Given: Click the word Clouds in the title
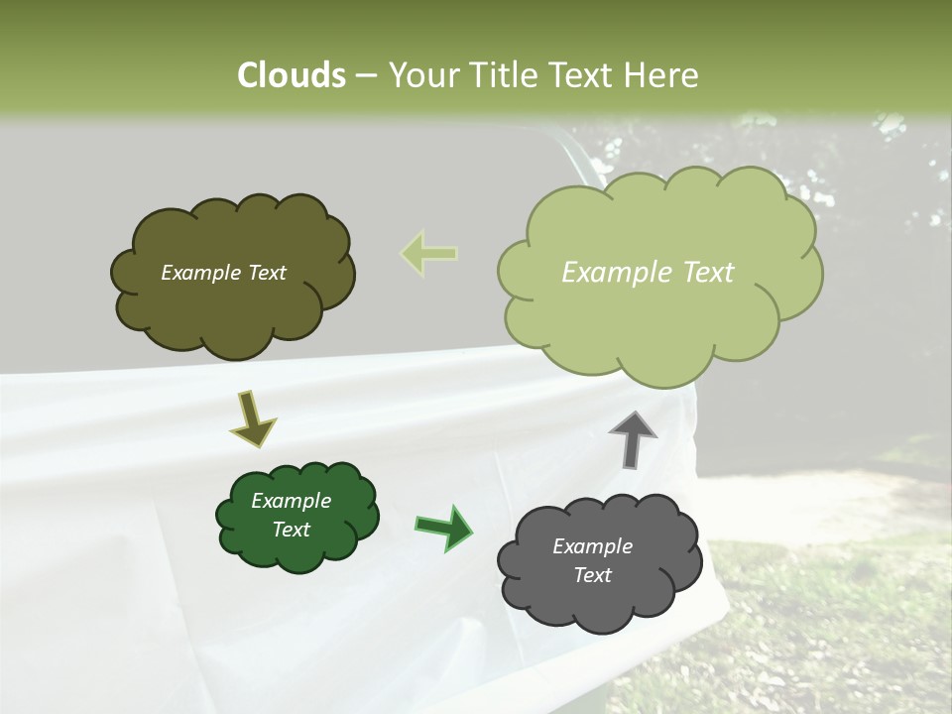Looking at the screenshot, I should click(292, 75).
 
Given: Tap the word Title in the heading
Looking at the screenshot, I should click(503, 75).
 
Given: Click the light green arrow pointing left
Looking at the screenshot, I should click(428, 254).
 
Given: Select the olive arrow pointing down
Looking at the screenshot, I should click(252, 417).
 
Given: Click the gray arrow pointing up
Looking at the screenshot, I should click(633, 438).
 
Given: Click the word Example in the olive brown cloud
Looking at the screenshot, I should click(201, 273).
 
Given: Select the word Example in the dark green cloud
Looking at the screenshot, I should click(292, 501).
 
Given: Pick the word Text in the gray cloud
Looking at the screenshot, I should click(592, 575).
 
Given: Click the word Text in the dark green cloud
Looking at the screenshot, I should click(292, 530).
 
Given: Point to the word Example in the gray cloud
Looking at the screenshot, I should click(592, 546).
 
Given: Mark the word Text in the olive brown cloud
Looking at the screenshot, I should click(266, 273).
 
